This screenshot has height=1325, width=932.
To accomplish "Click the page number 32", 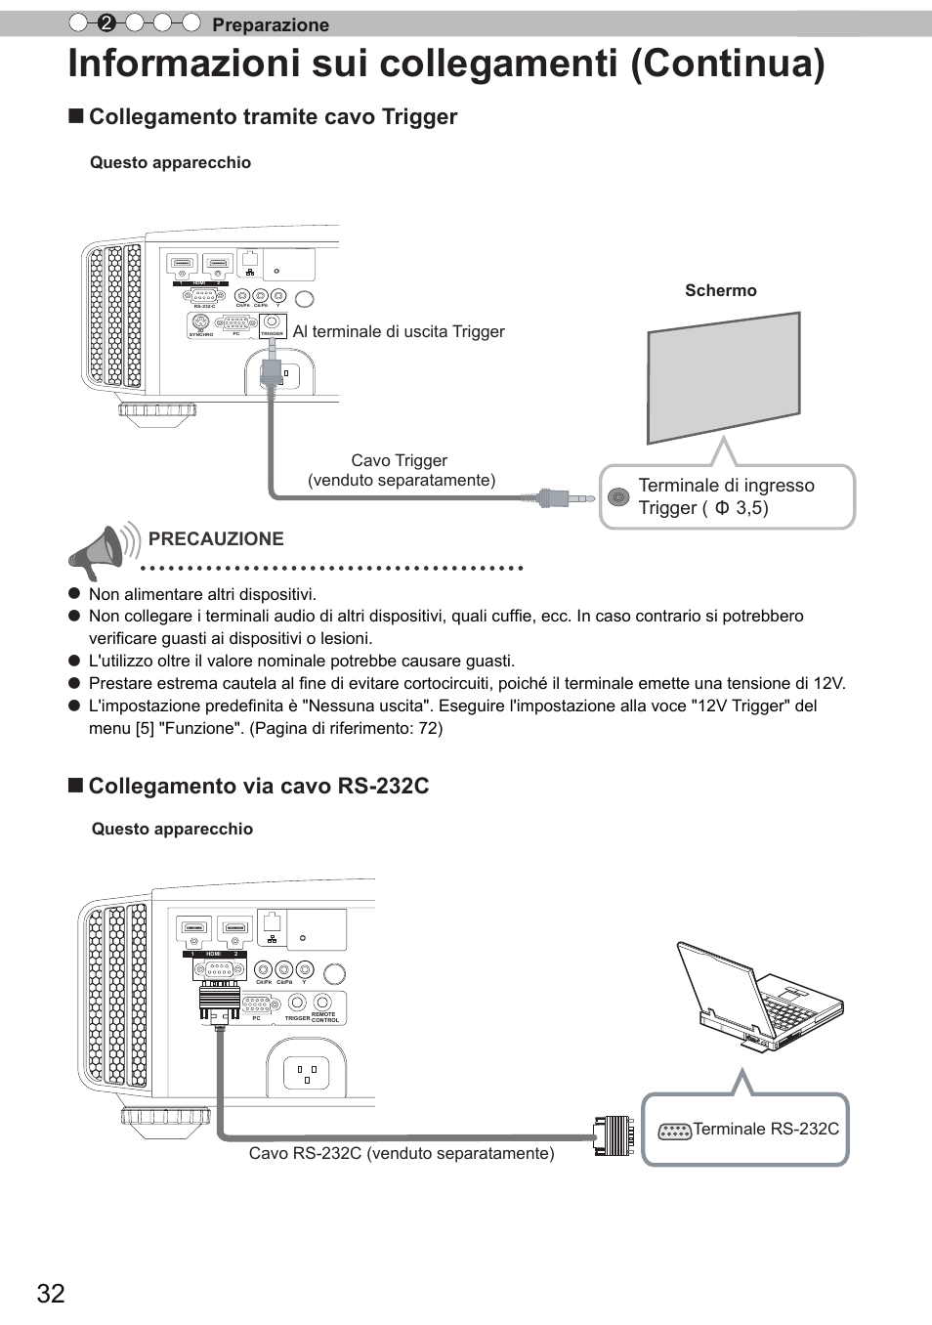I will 51,1294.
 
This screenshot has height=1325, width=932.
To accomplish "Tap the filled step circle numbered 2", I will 106,23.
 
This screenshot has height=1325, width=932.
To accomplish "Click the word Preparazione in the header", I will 271,24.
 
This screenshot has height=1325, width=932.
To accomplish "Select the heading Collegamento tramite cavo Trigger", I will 273,117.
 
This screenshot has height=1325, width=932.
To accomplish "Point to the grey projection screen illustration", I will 723,377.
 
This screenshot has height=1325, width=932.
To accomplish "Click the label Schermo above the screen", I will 720,290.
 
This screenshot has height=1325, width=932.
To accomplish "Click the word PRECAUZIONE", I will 216,538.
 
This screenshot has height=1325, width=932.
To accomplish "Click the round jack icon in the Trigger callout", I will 618,497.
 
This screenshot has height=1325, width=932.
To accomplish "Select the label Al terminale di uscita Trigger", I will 399,332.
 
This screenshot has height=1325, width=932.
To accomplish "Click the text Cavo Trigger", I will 399,460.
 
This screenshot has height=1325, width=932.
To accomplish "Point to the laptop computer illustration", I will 758,998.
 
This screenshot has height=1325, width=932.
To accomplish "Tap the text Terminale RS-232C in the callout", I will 766,1129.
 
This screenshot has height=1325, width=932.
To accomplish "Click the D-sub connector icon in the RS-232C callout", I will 674,1132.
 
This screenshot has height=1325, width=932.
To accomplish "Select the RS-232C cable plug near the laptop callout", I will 614,1135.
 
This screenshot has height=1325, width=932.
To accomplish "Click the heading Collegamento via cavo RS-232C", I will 259,787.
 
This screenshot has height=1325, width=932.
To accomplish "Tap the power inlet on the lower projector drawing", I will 307,1073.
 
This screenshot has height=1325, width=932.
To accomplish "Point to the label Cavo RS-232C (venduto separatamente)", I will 402,1154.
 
